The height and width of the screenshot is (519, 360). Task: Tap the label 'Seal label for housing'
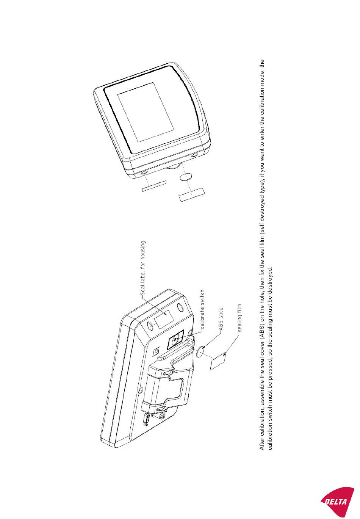point(143,268)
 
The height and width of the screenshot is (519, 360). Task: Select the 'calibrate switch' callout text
point(202,309)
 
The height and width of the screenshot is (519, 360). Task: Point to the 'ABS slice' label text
point(221,318)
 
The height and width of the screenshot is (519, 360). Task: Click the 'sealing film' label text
point(239,318)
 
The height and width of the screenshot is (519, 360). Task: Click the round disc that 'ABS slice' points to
point(200,351)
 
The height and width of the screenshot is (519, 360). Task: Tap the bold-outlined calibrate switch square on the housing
point(175,339)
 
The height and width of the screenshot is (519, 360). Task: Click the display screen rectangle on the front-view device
point(146,112)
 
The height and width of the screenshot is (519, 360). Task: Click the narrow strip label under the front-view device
point(154,186)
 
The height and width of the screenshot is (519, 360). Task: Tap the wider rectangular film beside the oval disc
point(192,194)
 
